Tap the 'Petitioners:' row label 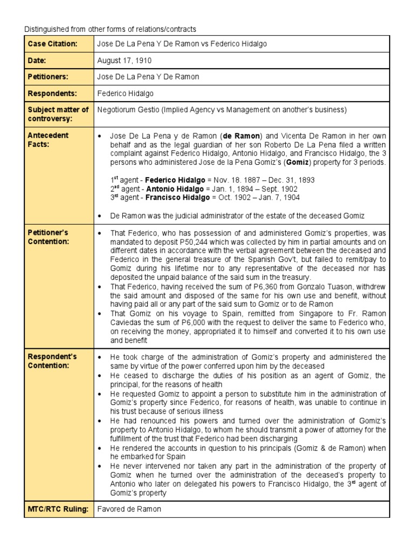click(49, 77)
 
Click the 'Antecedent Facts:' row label click(49, 139)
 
